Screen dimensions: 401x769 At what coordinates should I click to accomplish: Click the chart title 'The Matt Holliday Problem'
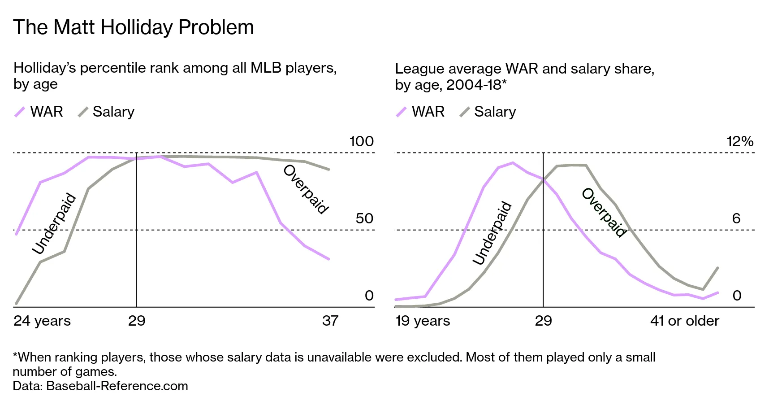133,27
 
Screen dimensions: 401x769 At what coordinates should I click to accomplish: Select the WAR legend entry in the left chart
39,112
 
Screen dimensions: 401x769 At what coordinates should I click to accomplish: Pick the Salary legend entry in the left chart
106,112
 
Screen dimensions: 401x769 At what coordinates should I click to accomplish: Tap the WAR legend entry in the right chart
420,112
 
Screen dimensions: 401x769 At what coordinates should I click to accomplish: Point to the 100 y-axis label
361,141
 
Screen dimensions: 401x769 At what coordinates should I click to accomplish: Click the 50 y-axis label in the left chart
364,218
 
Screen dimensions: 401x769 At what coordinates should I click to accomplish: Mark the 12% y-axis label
740,141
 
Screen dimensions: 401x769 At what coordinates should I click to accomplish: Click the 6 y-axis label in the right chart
736,218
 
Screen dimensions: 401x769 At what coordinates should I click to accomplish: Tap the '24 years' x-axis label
42,321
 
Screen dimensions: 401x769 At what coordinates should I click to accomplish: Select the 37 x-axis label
330,321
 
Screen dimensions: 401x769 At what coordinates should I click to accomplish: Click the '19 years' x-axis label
423,321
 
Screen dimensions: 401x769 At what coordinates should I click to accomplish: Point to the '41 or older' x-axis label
684,321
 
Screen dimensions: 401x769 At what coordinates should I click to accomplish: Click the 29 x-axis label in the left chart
137,321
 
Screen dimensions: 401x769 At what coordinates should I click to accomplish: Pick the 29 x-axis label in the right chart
543,321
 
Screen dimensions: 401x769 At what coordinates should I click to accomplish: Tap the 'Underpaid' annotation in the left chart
54,223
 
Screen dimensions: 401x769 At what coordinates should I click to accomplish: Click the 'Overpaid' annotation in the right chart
604,213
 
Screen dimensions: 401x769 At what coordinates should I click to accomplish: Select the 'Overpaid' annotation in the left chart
307,189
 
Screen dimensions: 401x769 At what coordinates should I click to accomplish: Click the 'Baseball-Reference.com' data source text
117,386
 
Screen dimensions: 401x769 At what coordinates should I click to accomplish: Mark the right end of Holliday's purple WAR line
329,259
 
